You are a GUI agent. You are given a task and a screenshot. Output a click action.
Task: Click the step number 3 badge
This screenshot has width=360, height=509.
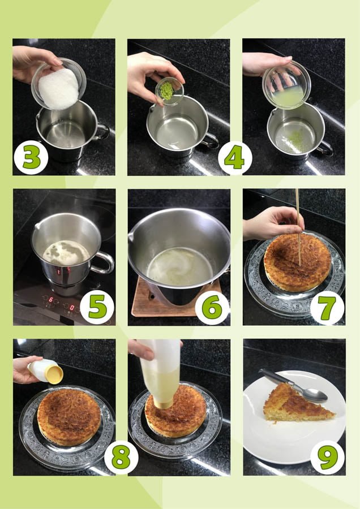[31, 157]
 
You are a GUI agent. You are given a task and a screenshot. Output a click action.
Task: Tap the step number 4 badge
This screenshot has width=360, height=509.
[235, 158]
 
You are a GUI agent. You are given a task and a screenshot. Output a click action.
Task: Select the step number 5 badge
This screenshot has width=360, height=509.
[97, 307]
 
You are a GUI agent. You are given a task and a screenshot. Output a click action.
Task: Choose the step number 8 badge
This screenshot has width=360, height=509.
[121, 458]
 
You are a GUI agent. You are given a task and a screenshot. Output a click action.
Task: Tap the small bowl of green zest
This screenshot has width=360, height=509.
[169, 91]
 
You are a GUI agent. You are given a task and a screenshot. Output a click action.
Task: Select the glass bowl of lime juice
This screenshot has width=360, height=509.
[286, 85]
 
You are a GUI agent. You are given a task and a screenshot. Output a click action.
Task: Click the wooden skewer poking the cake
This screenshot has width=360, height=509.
[298, 227]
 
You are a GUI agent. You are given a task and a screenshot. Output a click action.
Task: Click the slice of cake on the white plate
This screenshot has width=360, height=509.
[296, 403]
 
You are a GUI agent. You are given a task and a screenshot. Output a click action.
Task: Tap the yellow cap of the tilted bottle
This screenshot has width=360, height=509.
[54, 375]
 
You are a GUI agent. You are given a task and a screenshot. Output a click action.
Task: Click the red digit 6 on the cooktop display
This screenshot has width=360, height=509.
[51, 299]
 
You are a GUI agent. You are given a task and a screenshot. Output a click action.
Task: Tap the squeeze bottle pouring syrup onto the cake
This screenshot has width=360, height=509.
[161, 373]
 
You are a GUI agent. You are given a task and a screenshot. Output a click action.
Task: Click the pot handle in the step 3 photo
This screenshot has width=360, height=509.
[101, 132]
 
